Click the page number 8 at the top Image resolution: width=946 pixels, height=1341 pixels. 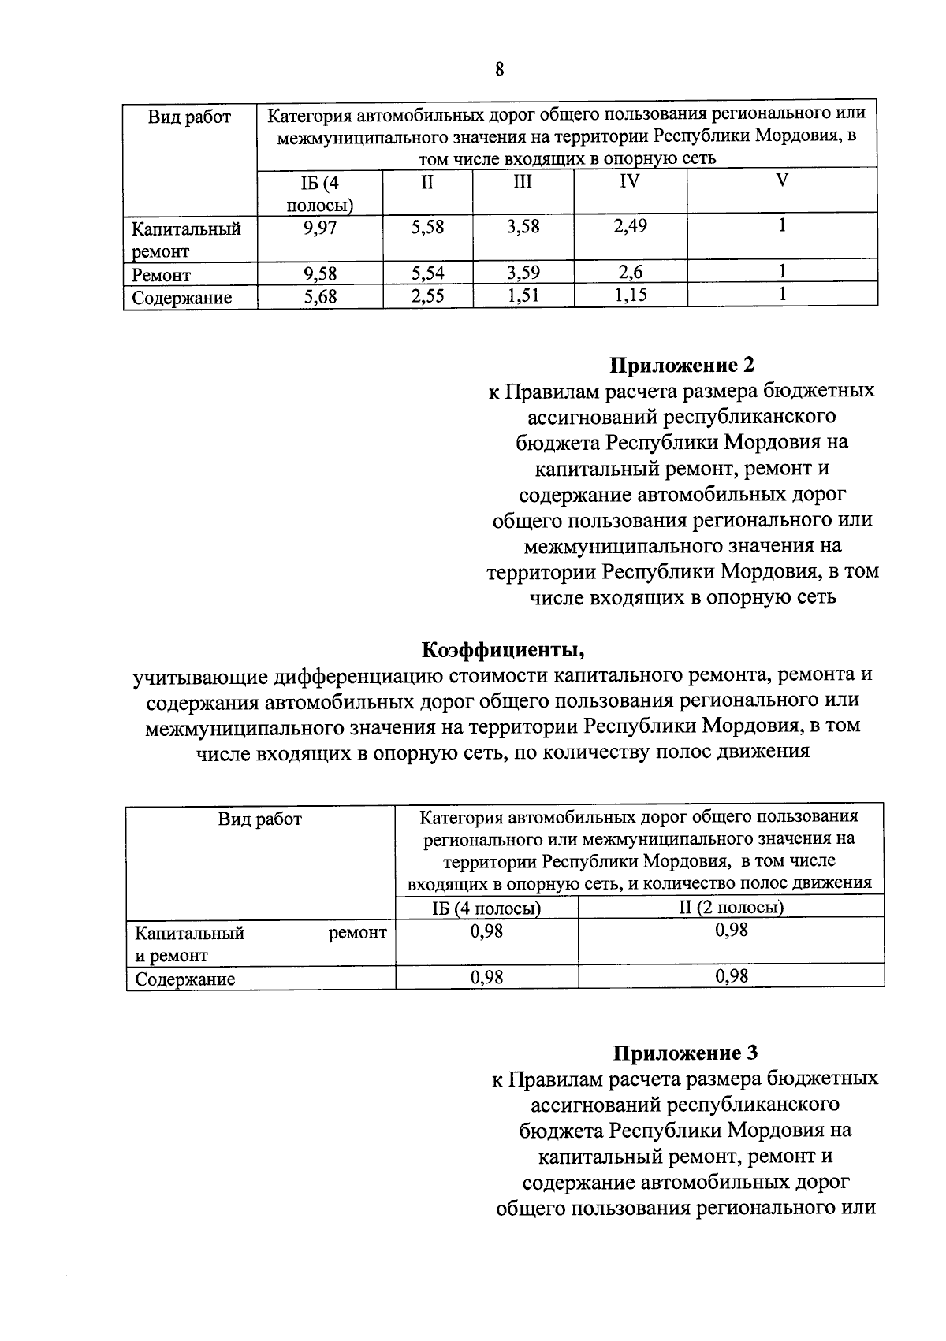[x=498, y=69]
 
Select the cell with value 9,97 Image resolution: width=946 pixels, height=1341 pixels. [x=320, y=228]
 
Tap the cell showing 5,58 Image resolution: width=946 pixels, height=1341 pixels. [x=427, y=228]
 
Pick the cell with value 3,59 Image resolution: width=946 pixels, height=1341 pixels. [x=523, y=273]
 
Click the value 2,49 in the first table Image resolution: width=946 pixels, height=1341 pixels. [x=630, y=227]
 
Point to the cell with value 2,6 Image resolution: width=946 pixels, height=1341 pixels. [x=630, y=273]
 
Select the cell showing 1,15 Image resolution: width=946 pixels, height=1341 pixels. [x=630, y=296]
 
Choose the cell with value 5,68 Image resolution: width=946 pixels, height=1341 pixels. [x=320, y=297]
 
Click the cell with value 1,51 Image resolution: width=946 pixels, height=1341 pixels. [x=523, y=296]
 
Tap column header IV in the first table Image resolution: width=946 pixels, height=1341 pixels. [x=629, y=182]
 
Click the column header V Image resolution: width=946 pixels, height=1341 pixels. [x=781, y=180]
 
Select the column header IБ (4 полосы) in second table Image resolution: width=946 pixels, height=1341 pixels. [x=486, y=908]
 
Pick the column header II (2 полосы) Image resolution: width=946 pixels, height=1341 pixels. [x=731, y=907]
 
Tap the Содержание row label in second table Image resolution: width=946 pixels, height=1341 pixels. [x=184, y=979]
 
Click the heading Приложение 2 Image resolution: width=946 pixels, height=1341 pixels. [x=682, y=365]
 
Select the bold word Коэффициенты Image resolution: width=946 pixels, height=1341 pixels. [x=503, y=650]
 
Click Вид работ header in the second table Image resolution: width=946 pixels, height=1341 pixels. [x=259, y=819]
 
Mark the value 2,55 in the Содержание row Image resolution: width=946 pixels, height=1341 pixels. [x=427, y=296]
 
